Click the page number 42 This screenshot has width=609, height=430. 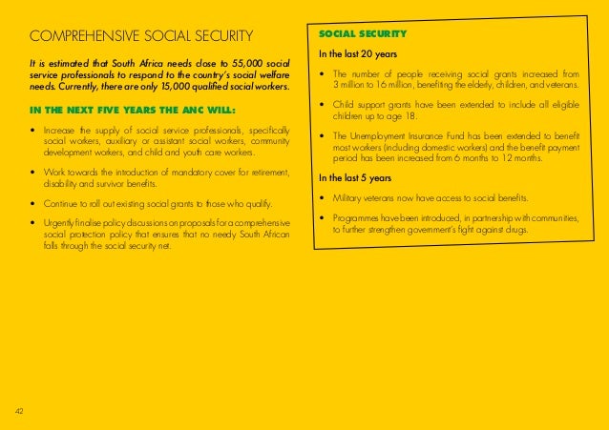point(20,410)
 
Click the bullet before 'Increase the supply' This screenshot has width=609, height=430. point(34,130)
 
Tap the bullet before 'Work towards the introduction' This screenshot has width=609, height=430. point(34,173)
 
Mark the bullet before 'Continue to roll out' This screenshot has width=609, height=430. point(34,204)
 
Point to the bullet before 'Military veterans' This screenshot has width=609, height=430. point(324,199)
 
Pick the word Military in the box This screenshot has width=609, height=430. point(350,199)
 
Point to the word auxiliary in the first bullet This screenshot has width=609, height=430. point(105,140)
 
